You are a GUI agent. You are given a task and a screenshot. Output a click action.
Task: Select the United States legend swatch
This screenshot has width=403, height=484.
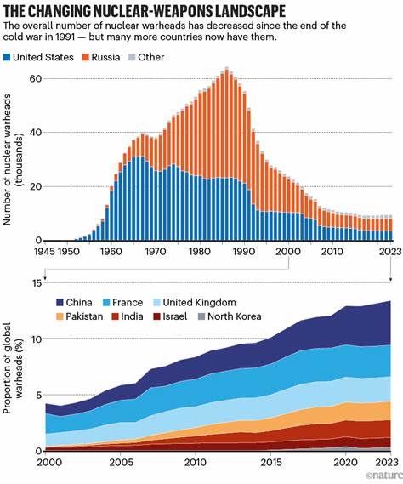coord(9,57)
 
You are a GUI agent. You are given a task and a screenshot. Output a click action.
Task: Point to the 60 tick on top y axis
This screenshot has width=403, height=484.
coord(35,78)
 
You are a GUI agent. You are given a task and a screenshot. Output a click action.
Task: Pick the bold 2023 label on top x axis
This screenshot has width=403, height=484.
coord(389,252)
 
